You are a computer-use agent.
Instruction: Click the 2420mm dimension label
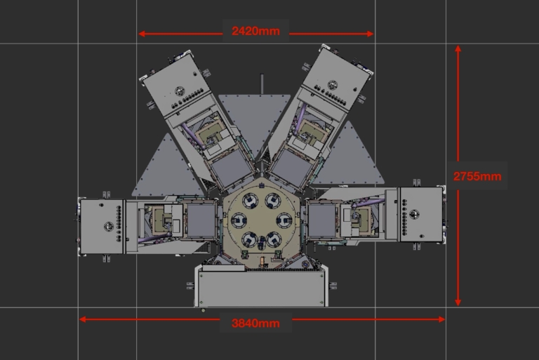pyautogui.click(x=255, y=32)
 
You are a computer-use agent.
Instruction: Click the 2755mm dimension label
pyautogui.click(x=477, y=176)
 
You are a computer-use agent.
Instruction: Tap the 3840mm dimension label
pyautogui.click(x=255, y=324)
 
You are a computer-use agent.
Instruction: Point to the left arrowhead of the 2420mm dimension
pyautogui.click(x=141, y=34)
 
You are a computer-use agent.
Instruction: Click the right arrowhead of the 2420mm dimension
pyautogui.click(x=371, y=34)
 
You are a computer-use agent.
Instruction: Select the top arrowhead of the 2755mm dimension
pyautogui.click(x=458, y=49)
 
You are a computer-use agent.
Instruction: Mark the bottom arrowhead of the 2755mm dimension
pyautogui.click(x=458, y=302)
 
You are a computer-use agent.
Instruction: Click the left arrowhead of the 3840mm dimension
pyautogui.click(x=83, y=319)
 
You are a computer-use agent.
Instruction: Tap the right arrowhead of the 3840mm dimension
pyautogui.click(x=441, y=319)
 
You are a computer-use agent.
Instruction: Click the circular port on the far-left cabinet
pyautogui.click(x=109, y=226)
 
